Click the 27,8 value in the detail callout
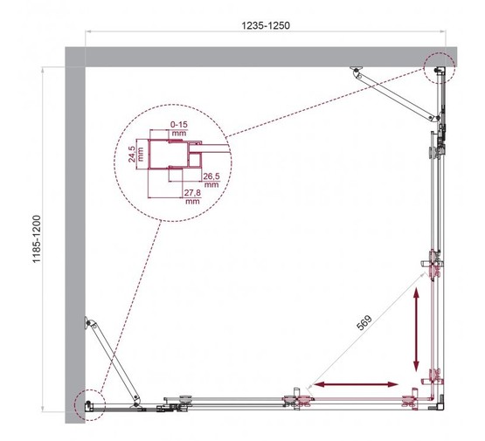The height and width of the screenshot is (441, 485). [193, 196]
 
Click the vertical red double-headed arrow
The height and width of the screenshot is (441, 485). [417, 330]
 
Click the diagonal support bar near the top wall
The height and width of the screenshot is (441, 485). [398, 93]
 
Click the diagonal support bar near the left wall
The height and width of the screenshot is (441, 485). [113, 360]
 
